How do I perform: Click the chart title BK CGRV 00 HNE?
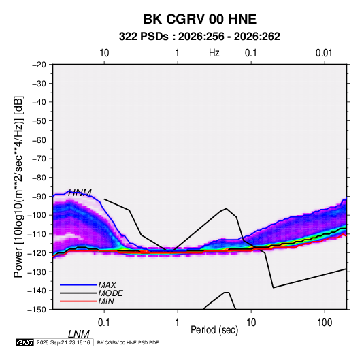pyautogui.click(x=199, y=19)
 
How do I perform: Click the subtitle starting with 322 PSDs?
pyautogui.click(x=199, y=37)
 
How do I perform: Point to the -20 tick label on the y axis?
pyautogui.click(x=39, y=65)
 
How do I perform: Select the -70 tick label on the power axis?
pyautogui.click(x=39, y=159)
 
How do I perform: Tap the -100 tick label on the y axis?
pyautogui.click(x=37, y=215)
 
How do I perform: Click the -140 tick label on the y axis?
pyautogui.click(x=37, y=291)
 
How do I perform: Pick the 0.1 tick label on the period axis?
pyautogui.click(x=104, y=323)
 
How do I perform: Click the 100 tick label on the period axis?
pyautogui.click(x=325, y=323)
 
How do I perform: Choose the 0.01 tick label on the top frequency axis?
pyautogui.click(x=324, y=53)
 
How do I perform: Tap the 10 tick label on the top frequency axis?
pyautogui.click(x=104, y=53)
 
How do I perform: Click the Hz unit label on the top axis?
pyautogui.click(x=214, y=53)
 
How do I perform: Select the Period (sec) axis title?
pyautogui.click(x=214, y=330)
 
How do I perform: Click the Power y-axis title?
pyautogui.click(x=18, y=186)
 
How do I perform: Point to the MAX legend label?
pyautogui.click(x=107, y=285)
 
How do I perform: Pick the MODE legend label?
pyautogui.click(x=110, y=293)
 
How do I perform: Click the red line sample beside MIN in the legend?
pyautogui.click(x=78, y=301)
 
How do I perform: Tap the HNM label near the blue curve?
pyautogui.click(x=80, y=193)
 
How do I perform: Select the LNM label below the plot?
pyautogui.click(x=78, y=334)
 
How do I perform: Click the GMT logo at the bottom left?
pyautogui.click(x=25, y=342)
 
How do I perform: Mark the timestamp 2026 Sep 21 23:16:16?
pyautogui.click(x=63, y=342)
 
